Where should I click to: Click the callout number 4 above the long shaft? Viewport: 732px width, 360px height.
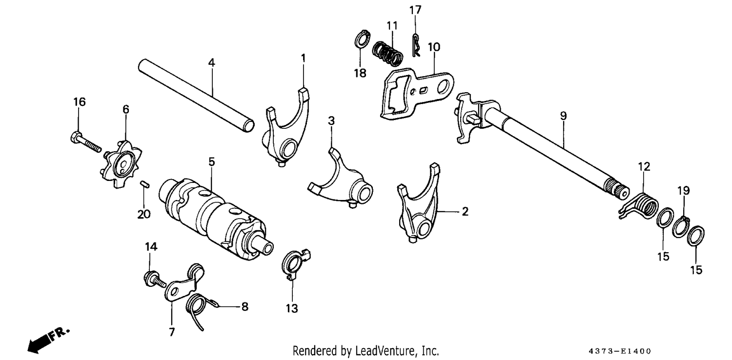coord(212,63)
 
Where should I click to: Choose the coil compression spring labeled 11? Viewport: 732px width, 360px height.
coord(388,53)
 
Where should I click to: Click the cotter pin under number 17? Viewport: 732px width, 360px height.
coord(416,45)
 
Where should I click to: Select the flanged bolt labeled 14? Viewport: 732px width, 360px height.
coord(155,280)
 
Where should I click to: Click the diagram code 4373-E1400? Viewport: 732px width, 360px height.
coord(620,351)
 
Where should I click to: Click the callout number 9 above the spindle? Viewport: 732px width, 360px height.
coord(563,116)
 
